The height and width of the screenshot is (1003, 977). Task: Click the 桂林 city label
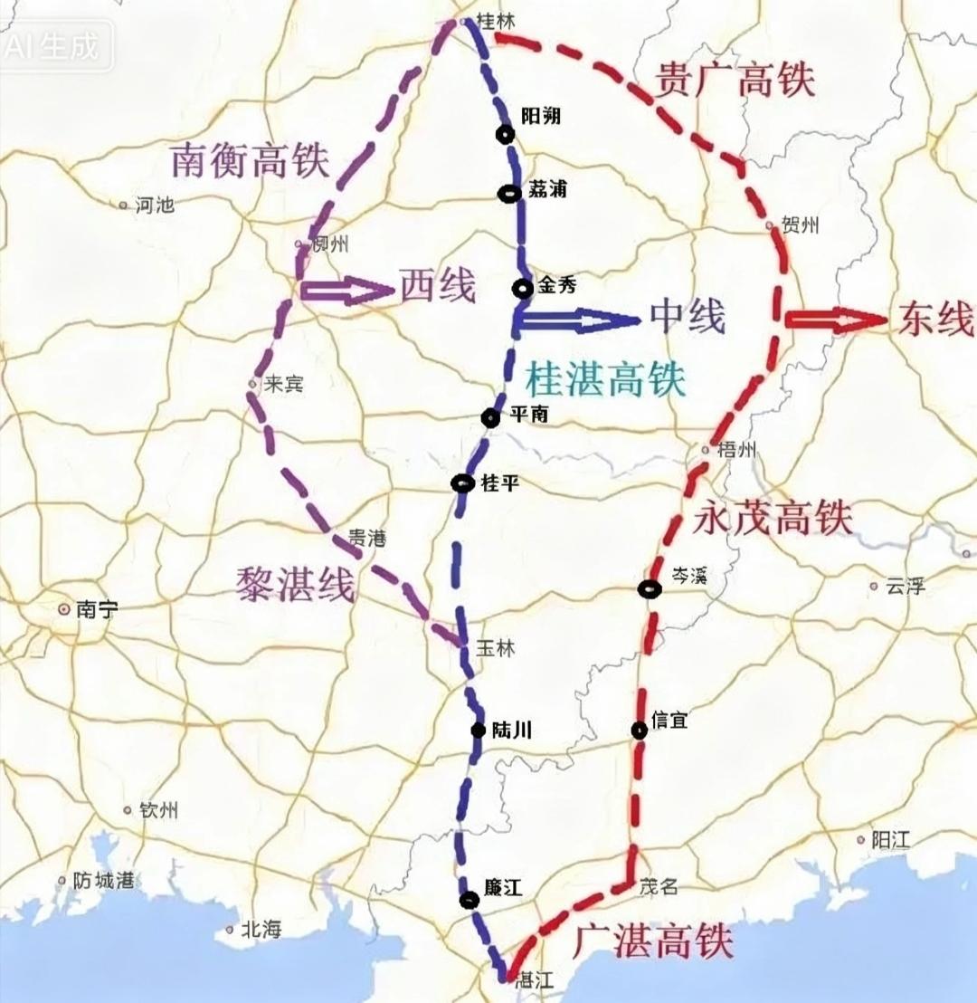pos(494,22)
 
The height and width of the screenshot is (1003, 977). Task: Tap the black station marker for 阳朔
pos(505,134)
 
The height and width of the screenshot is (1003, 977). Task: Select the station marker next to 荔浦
pos(509,192)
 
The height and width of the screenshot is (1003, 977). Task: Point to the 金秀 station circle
pos(523,289)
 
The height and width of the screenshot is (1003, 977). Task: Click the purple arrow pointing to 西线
pos(345,290)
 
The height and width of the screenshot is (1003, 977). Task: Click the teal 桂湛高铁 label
pos(606,377)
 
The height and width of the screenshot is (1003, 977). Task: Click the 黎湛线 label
pos(295,585)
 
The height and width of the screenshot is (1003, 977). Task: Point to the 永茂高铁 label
pos(773,519)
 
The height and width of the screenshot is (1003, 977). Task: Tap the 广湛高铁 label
pos(653,941)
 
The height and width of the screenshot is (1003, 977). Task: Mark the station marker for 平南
pos(490,417)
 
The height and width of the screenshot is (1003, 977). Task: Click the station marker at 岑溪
pos(650,589)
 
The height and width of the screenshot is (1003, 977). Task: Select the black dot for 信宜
pos(640,731)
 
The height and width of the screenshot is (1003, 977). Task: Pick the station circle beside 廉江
pos(469,899)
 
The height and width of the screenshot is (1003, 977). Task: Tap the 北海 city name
pos(261,930)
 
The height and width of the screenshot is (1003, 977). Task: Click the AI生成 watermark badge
pos(56,46)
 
